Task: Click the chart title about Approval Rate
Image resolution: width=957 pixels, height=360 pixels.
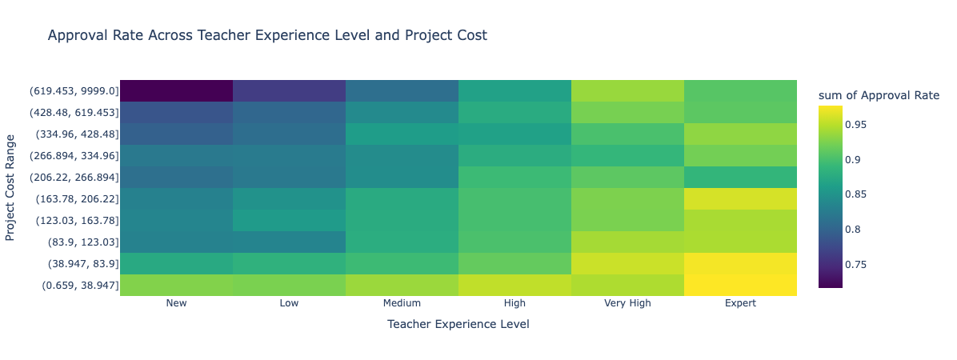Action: coord(267,35)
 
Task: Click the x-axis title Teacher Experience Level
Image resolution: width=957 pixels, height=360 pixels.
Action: coord(458,324)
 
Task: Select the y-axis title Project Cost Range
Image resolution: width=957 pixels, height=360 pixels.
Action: coord(10,187)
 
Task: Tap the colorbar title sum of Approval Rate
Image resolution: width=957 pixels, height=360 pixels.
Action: coord(879,96)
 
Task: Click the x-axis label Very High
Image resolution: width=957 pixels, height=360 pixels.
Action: coord(627,303)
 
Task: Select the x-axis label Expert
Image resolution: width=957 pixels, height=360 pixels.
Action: coord(740,303)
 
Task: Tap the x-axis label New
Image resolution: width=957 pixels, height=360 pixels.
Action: coord(176,303)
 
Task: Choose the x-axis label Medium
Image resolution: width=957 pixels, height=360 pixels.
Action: coord(402,303)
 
